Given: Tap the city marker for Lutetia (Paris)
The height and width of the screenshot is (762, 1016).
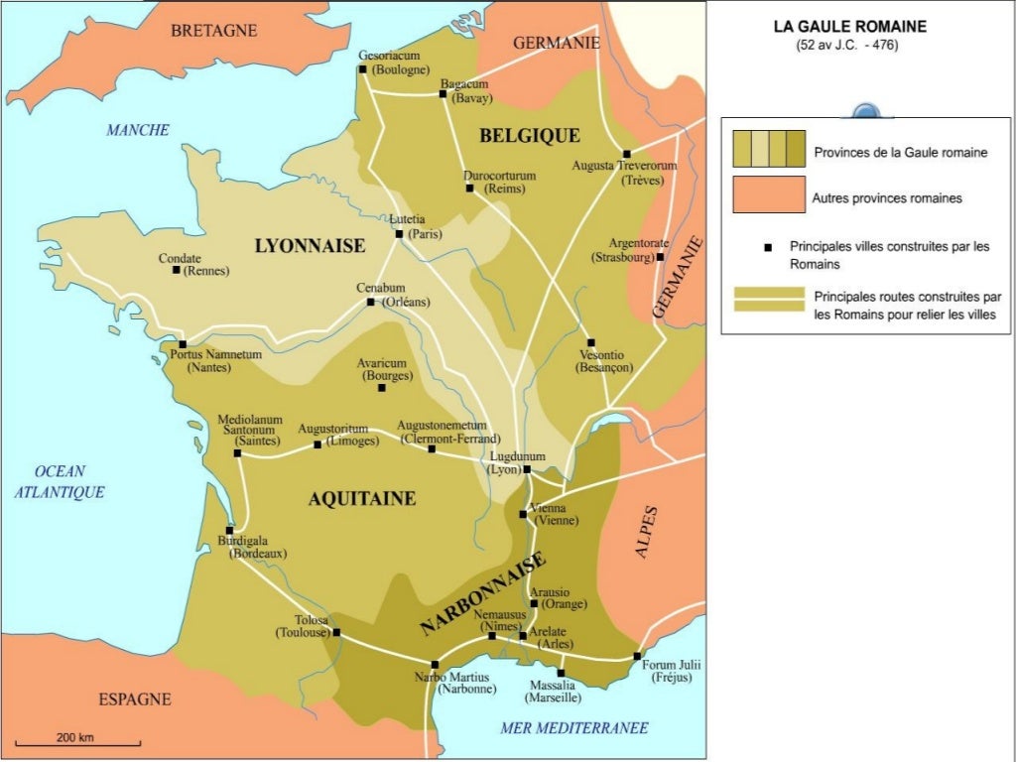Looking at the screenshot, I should click(399, 234).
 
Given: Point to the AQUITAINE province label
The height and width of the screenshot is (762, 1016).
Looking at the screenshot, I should click(361, 499).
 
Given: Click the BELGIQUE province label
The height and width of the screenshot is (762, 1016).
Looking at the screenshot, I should click(529, 135).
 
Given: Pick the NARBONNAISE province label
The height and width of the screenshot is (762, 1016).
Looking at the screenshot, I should click(483, 593).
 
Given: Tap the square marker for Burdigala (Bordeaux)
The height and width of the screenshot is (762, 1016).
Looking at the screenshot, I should click(229, 531).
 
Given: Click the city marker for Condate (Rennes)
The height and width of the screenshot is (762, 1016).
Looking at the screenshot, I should click(177, 270).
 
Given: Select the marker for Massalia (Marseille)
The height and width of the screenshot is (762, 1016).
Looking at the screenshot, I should click(560, 673).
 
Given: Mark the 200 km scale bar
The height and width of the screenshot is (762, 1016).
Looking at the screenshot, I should click(77, 743).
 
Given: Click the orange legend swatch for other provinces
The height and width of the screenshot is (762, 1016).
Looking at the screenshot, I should click(768, 194).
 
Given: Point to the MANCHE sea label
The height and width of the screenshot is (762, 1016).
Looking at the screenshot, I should click(138, 130).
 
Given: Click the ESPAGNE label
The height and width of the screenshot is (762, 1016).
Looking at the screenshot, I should click(134, 699).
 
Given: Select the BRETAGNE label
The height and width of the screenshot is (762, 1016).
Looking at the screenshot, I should click(213, 31).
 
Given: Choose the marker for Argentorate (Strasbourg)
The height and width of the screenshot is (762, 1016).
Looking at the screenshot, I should click(660, 257).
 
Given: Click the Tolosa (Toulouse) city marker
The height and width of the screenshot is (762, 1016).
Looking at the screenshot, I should click(335, 632).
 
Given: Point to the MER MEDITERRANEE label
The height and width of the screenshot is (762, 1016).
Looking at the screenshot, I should click(574, 728).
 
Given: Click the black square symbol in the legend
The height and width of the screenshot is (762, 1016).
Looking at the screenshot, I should click(768, 246).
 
